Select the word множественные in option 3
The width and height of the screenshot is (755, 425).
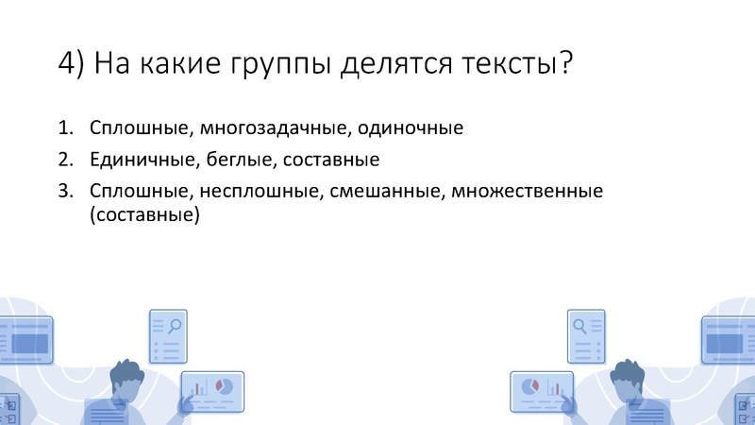tap(528, 191)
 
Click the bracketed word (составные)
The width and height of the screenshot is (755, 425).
tap(145, 215)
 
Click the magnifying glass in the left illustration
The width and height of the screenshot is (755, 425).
tap(175, 326)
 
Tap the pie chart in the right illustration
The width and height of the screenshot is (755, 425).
tap(529, 386)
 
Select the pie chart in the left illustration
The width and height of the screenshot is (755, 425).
tap(225, 386)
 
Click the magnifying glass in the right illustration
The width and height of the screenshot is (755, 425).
tap(579, 326)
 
